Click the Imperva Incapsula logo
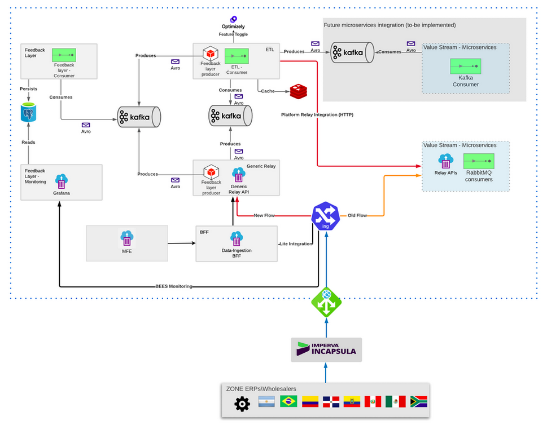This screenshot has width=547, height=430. pos(326,349)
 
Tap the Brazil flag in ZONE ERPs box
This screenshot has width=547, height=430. pos(289,401)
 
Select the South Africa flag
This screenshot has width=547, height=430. pos(418,401)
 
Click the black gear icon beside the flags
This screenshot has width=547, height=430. pos(242,404)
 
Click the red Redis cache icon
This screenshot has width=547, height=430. pos(298,91)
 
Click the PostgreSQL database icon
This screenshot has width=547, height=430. pos(29,113)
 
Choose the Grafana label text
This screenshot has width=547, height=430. pos(61,192)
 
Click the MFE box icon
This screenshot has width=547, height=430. pos(126,238)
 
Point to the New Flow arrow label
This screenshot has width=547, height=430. pos(265,215)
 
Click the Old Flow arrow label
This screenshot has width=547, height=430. pos(356,215)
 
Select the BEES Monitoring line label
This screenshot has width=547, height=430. pos(173,286)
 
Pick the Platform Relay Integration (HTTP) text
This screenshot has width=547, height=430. pos(317,115)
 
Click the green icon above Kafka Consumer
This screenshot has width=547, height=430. pos(465,67)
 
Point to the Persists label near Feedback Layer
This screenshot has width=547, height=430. pos(29,88)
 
